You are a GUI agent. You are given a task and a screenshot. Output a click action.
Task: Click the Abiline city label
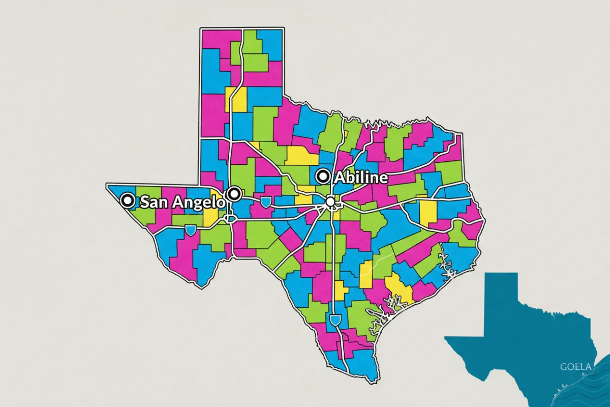[x=360, y=178]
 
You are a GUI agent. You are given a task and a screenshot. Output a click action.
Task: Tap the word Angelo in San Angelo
[x=199, y=202]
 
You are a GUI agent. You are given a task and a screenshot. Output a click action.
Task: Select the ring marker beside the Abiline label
[x=322, y=177]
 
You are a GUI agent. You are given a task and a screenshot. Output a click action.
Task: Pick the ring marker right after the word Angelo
[x=234, y=193]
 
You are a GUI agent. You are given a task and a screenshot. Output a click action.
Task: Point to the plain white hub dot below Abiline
[x=331, y=202]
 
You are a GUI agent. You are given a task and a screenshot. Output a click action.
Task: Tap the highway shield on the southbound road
[x=334, y=320]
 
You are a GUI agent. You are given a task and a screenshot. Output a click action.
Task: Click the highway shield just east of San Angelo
[x=266, y=202]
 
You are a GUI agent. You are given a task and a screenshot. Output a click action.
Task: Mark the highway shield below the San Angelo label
[x=191, y=230]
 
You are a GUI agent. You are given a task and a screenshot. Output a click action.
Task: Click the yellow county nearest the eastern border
[x=428, y=212]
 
